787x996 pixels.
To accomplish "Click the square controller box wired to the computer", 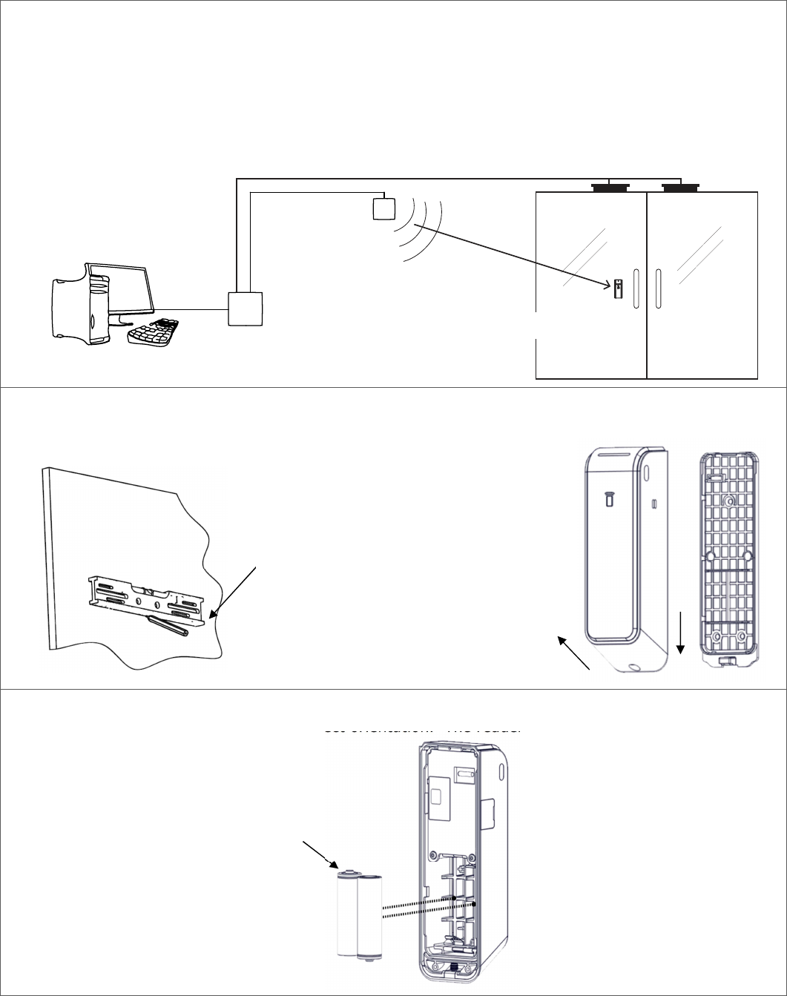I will coord(246,309).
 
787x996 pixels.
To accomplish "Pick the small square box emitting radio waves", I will coord(383,208).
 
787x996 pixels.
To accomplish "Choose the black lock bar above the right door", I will coord(682,187).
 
